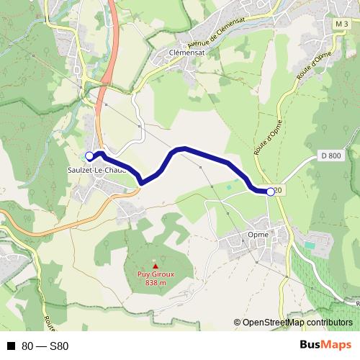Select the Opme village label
pyautogui.click(x=257, y=234)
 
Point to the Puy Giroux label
pyautogui.click(x=155, y=274)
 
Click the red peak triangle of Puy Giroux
pyautogui.click(x=155, y=266)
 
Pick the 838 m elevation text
pyautogui.click(x=155, y=282)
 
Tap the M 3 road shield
pyautogui.click(x=341, y=25)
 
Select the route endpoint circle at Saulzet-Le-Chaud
pyautogui.click(x=89, y=156)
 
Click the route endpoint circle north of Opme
pyautogui.click(x=271, y=192)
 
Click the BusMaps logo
pyautogui.click(x=325, y=345)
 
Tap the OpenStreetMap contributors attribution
pyautogui.click(x=297, y=323)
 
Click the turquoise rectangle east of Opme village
pyautogui.click(x=310, y=246)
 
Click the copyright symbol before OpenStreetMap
pyautogui.click(x=238, y=323)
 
